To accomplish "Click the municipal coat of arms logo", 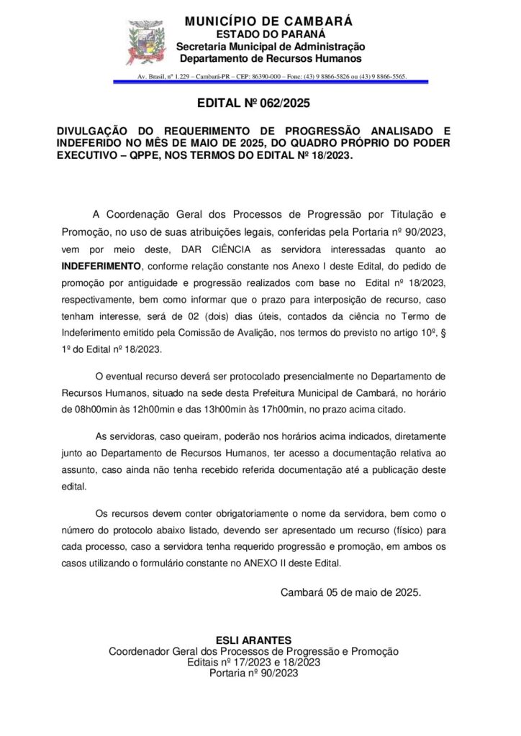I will (x=146, y=42).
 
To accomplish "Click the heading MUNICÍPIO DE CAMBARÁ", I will (x=268, y=22).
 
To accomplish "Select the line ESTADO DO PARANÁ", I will (x=271, y=34).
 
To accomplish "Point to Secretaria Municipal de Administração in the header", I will (x=271, y=47).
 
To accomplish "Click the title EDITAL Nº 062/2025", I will (x=253, y=103).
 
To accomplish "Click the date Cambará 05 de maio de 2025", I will (x=350, y=593).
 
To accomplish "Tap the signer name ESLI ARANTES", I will (x=253, y=640).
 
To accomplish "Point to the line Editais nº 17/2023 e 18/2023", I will (x=253, y=662).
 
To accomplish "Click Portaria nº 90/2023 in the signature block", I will (x=253, y=673).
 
